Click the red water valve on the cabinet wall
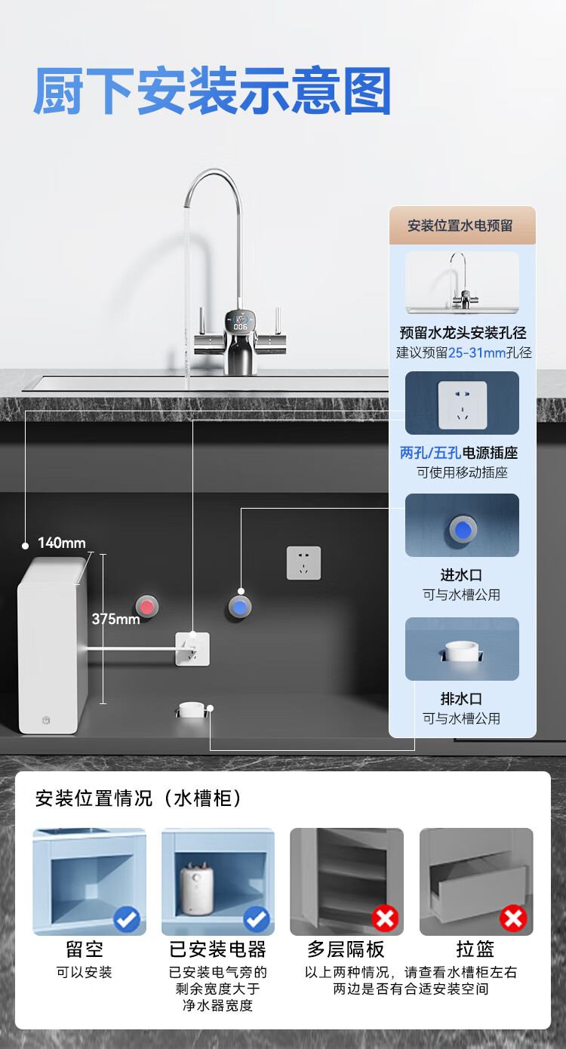(147, 607)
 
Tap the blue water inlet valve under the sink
(240, 607)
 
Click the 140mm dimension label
(62, 543)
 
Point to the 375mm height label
(115, 619)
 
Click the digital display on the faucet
(240, 323)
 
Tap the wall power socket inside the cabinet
(303, 563)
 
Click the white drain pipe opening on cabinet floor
(191, 709)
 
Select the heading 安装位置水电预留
(460, 226)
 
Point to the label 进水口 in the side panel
(461, 575)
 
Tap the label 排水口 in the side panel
(461, 699)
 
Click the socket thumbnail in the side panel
(462, 404)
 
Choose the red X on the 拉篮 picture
(513, 918)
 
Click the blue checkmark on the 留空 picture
(126, 919)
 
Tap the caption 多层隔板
(346, 949)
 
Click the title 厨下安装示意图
(212, 91)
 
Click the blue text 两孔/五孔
(430, 453)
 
